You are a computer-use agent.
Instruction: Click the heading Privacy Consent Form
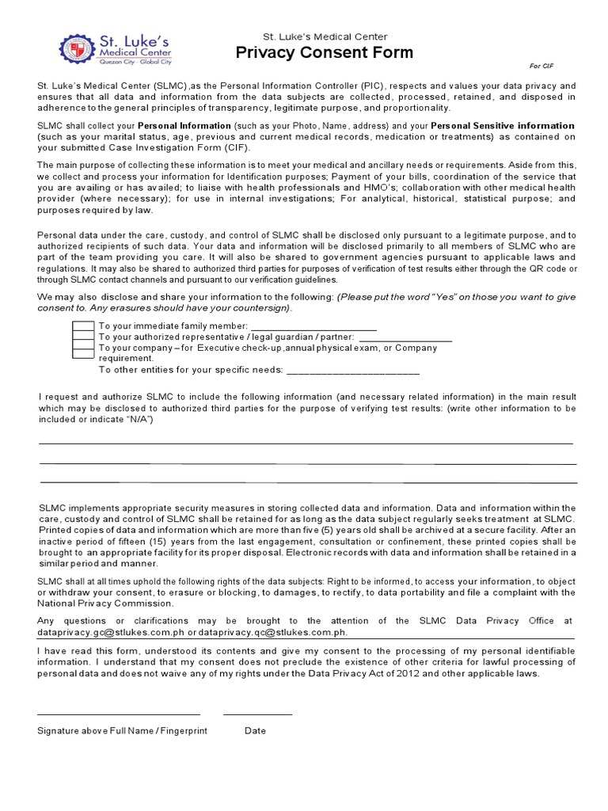click(325, 53)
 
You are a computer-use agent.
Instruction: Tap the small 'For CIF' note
click(541, 67)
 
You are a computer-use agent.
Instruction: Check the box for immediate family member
click(83, 326)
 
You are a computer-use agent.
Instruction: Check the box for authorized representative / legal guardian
click(83, 337)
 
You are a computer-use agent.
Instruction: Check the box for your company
click(83, 348)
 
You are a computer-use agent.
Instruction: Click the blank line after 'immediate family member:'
click(313, 328)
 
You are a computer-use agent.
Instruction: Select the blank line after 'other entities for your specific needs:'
click(352, 371)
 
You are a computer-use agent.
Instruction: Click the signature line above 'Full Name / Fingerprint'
click(119, 714)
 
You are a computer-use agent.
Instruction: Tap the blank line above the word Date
click(257, 714)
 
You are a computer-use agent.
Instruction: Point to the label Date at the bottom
click(255, 731)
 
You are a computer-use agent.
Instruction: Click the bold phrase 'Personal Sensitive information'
click(503, 126)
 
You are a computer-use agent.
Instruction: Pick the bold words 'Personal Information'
click(184, 126)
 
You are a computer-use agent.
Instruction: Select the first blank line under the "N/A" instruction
click(306, 444)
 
